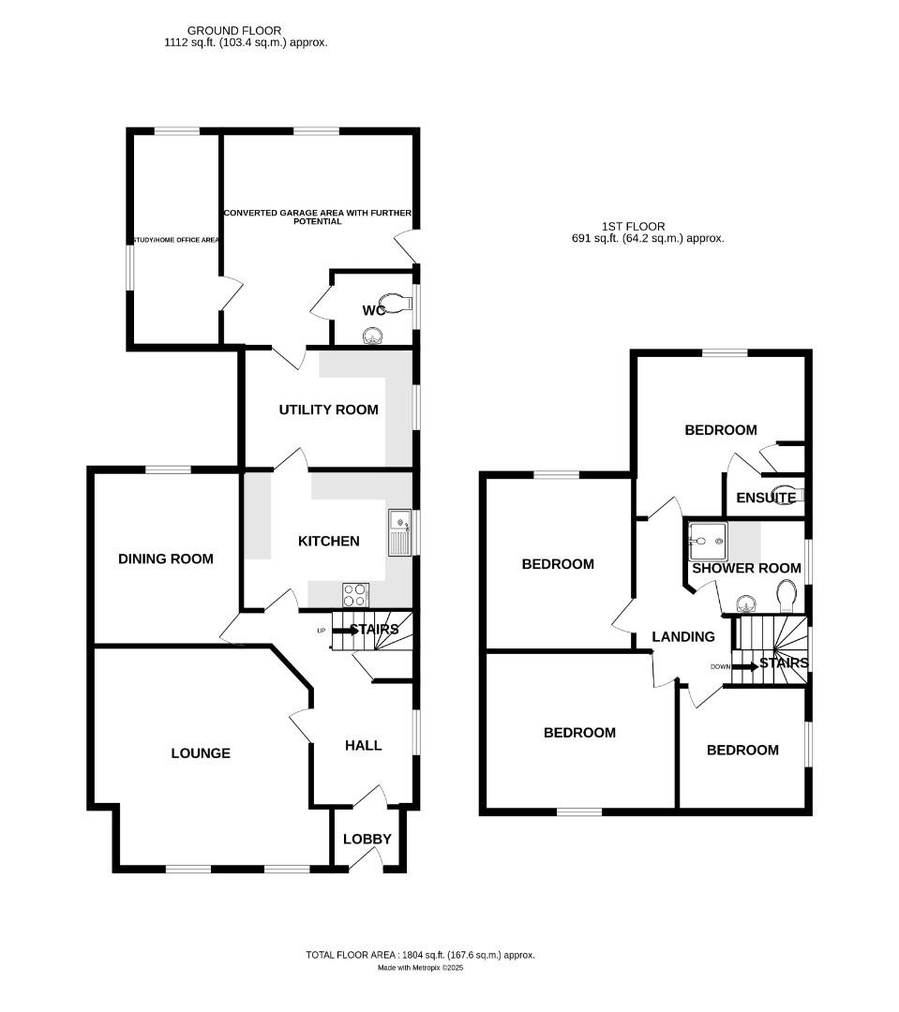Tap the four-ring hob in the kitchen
[356, 594]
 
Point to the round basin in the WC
[374, 335]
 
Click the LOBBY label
[367, 839]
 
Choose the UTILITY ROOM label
[328, 409]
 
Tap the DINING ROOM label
[166, 558]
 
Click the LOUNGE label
[201, 752]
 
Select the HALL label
[364, 745]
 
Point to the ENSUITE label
[766, 498]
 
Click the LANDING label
[683, 636]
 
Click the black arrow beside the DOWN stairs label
[745, 666]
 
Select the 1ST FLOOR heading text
[633, 226]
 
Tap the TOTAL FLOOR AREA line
[420, 955]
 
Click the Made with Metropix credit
[420, 968]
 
